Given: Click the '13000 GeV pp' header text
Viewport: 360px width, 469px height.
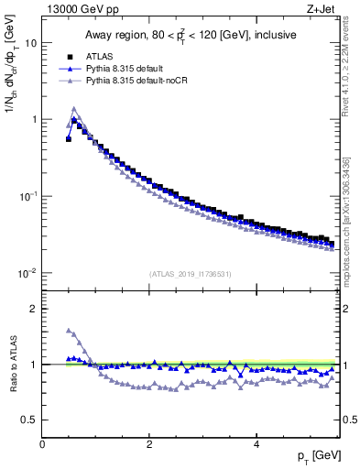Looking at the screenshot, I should (x=80, y=7).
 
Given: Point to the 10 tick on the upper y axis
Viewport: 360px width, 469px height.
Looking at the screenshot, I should (x=31, y=43).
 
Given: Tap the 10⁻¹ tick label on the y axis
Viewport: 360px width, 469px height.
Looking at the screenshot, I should (x=27, y=197).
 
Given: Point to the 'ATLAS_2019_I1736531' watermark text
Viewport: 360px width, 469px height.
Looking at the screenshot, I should (x=190, y=273).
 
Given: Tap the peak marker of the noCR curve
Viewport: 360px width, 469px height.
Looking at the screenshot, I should (x=74, y=108).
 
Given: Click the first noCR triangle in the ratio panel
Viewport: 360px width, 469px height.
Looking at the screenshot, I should (x=69, y=330).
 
